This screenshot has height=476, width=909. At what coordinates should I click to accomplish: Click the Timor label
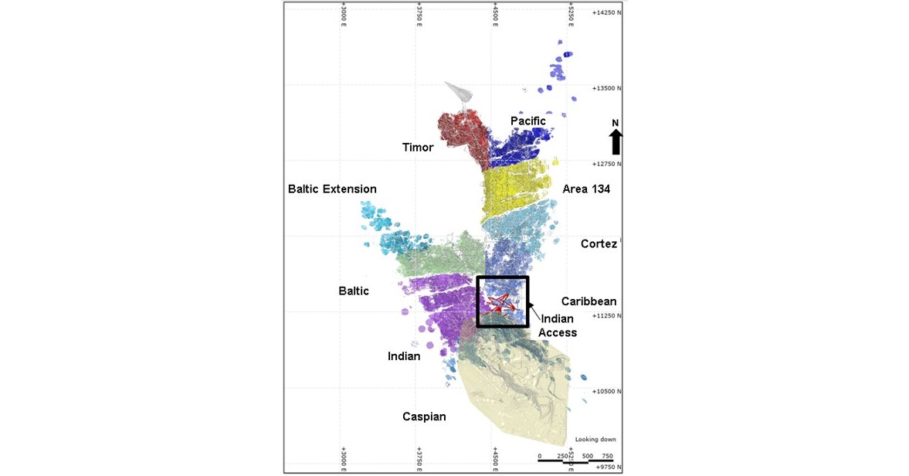(x=418, y=148)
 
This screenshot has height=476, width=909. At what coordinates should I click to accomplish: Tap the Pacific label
(x=528, y=121)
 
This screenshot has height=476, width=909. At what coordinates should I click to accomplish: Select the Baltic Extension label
(x=332, y=189)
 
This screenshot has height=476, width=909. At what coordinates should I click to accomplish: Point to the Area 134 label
(x=586, y=189)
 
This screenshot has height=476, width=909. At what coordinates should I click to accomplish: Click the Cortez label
(x=599, y=244)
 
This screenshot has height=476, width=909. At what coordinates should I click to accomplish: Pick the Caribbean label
(x=588, y=301)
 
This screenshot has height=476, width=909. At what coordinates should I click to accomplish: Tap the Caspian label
(x=424, y=417)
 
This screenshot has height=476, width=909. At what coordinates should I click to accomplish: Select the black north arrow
(x=616, y=142)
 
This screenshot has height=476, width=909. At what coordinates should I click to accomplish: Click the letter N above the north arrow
(x=616, y=123)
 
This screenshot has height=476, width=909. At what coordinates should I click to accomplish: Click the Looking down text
(x=595, y=440)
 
